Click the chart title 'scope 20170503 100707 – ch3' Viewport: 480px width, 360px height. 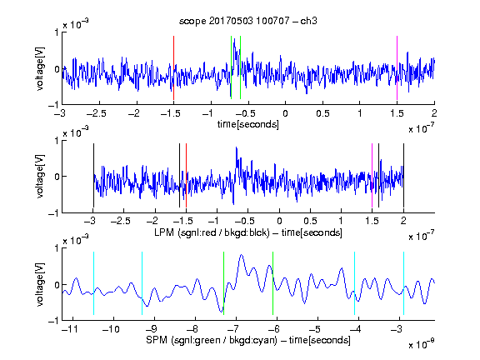(248, 21)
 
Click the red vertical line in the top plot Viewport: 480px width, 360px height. (173, 67)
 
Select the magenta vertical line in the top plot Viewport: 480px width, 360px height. (397, 67)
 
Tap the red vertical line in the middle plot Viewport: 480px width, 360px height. (186, 175)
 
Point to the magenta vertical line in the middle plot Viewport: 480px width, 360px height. (372, 175)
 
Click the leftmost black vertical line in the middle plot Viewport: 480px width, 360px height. (93, 175)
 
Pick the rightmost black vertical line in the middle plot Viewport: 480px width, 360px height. (403, 175)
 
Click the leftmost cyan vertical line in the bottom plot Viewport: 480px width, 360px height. (93, 283)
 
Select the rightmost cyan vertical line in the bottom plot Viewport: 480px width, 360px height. (403, 283)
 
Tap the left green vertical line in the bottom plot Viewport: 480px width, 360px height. (224, 283)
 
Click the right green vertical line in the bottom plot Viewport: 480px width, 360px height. (272, 283)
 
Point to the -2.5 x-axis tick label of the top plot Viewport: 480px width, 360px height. (97, 113)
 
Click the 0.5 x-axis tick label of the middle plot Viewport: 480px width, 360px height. (310, 221)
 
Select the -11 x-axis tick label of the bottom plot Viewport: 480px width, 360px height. (70, 329)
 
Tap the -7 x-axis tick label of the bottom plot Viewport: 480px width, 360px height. (233, 329)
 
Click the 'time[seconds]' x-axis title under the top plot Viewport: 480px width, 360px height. (248, 124)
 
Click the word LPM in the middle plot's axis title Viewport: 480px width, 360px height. (164, 232)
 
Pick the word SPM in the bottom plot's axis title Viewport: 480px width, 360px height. (157, 340)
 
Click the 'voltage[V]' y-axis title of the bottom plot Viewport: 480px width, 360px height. (40, 284)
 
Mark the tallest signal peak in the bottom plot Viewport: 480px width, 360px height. (241, 255)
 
